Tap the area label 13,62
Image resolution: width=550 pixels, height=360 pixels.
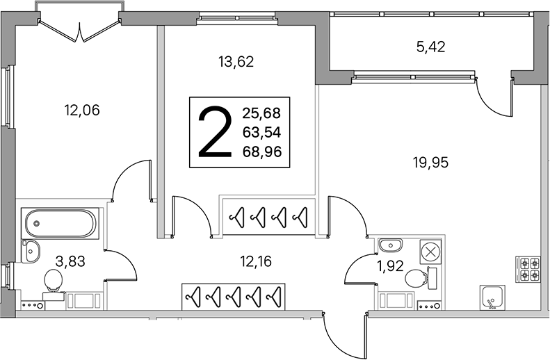pos(236,61)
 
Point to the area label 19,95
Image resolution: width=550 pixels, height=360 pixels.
pos(430,163)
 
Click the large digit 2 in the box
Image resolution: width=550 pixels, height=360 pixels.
pos(214,132)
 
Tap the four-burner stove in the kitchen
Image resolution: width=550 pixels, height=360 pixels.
pos(526,269)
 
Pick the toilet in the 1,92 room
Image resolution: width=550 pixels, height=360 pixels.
pos(416,278)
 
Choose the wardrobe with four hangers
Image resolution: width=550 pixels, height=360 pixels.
pos(268,216)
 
